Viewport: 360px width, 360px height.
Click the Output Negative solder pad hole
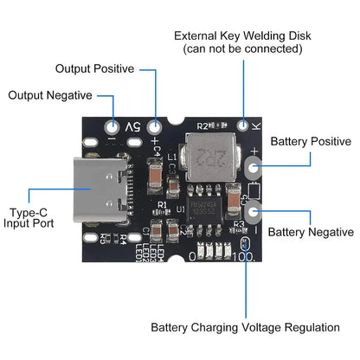[112, 123]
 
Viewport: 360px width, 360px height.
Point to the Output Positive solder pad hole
[155, 123]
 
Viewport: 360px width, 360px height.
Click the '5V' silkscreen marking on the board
[133, 128]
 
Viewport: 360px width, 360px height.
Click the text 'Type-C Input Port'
[29, 215]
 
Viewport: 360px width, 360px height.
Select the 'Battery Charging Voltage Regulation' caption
[245, 328]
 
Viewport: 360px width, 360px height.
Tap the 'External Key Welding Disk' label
[242, 35]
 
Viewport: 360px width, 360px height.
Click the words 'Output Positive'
[94, 67]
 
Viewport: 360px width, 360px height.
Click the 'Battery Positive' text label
[311, 141]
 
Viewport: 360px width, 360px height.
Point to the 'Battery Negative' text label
[311, 232]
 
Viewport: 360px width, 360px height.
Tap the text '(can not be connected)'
[242, 49]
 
